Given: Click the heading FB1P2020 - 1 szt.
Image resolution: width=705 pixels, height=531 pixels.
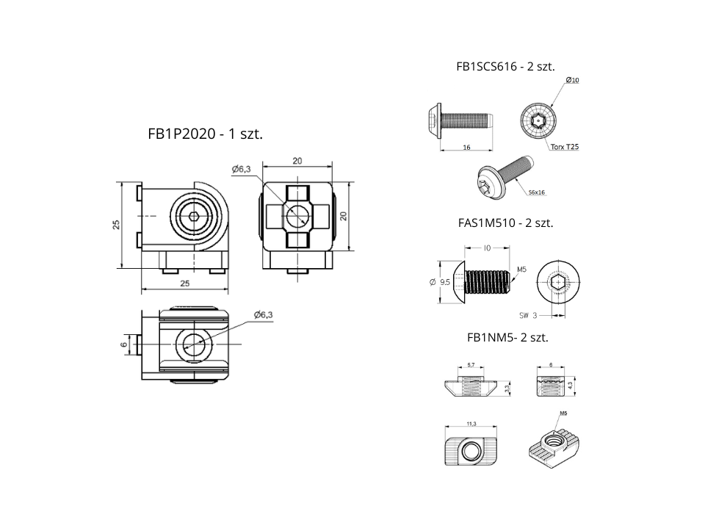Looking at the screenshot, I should (205, 134).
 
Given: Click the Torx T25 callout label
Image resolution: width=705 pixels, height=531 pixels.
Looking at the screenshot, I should (564, 147).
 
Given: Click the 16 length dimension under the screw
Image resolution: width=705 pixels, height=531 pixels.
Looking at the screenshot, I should (466, 147).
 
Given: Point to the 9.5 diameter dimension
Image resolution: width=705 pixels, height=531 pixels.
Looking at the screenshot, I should (444, 282).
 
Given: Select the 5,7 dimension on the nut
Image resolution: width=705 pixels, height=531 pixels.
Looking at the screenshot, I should (471, 364).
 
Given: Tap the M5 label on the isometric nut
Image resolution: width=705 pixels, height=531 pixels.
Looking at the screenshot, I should (564, 413).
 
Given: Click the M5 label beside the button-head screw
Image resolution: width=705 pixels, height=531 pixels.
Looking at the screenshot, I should (522, 270).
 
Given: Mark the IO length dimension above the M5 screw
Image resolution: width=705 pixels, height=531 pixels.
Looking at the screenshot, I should (487, 249).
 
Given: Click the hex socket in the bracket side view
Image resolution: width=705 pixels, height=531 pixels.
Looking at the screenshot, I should (194, 215).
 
